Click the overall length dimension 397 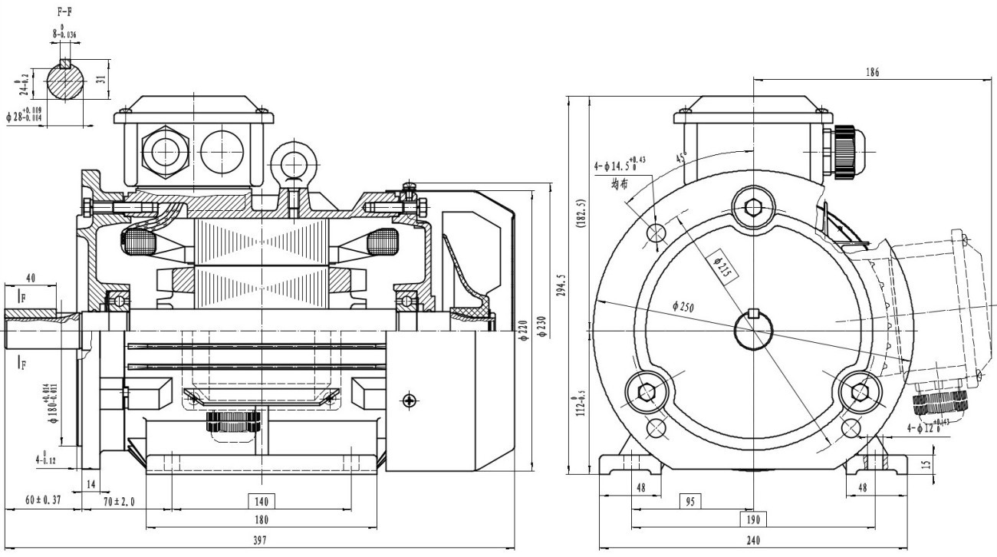pyautogui.click(x=260, y=541)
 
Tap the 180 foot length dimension pyautogui.click(x=261, y=520)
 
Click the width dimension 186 pyautogui.click(x=872, y=73)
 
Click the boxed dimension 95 pyautogui.click(x=690, y=501)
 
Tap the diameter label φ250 pyautogui.click(x=683, y=306)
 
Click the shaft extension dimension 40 pyautogui.click(x=31, y=278)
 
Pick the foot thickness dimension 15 pyautogui.click(x=927, y=465)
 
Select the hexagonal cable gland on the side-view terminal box pyautogui.click(x=165, y=151)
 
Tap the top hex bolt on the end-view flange pyautogui.click(x=754, y=206)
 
